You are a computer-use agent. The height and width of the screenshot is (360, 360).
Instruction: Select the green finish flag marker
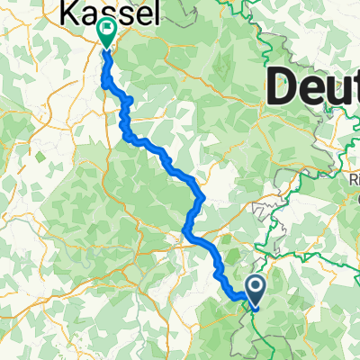[107, 32]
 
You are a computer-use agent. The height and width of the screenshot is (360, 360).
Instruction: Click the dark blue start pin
[256, 288]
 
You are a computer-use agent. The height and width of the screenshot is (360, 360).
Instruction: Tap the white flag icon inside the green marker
[107, 31]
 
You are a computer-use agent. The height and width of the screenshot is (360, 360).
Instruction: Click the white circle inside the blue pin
[256, 286]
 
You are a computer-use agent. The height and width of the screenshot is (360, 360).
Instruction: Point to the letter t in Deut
[352, 89]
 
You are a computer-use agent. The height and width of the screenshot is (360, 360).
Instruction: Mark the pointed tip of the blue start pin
[256, 303]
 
